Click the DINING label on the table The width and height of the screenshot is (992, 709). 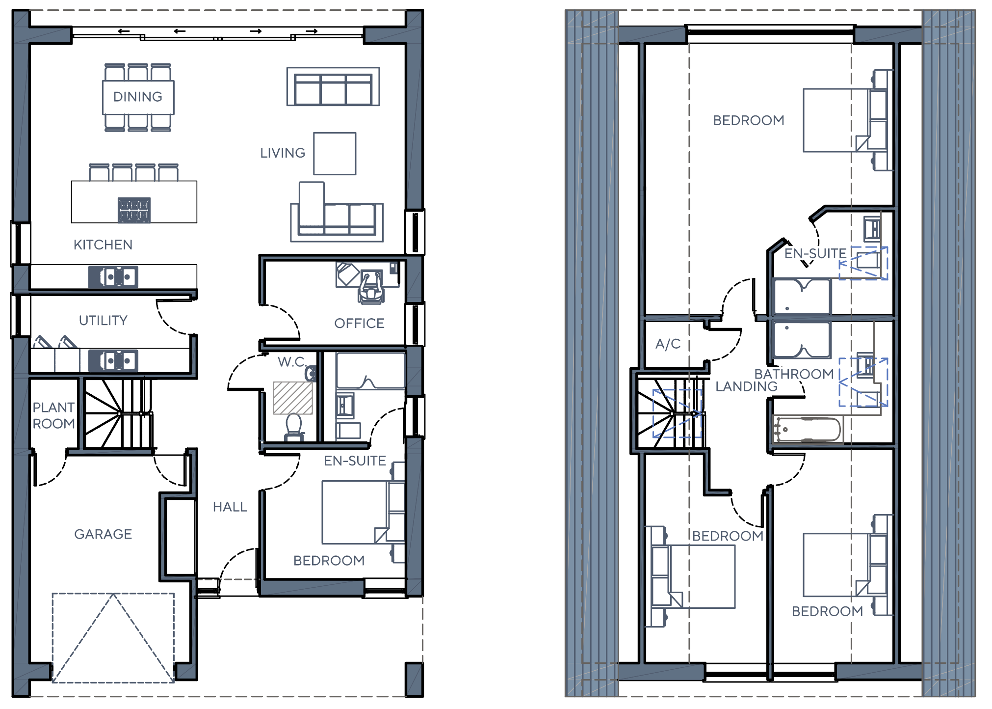pyautogui.click(x=138, y=97)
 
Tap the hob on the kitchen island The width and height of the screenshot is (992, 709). pyautogui.click(x=134, y=210)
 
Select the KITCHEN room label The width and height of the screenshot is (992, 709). pyautogui.click(x=103, y=245)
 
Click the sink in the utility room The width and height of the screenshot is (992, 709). pyautogui.click(x=113, y=361)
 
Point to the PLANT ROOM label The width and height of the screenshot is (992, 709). pyautogui.click(x=53, y=415)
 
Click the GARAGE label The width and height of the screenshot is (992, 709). pyautogui.click(x=103, y=534)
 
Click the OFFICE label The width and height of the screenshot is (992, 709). pyautogui.click(x=359, y=324)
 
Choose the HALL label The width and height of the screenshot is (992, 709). pyautogui.click(x=230, y=507)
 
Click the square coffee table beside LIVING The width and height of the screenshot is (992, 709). pyautogui.click(x=335, y=154)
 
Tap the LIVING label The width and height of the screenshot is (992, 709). pyautogui.click(x=283, y=153)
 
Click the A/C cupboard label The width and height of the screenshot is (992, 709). pyautogui.click(x=668, y=344)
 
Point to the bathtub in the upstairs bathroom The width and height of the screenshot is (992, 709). pyautogui.click(x=807, y=430)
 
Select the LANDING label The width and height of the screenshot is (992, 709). pyautogui.click(x=746, y=387)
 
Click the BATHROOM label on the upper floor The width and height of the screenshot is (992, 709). pyautogui.click(x=794, y=374)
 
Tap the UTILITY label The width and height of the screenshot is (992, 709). pyautogui.click(x=103, y=321)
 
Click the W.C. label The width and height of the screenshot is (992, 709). pyautogui.click(x=291, y=362)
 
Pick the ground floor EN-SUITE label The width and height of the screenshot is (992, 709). pyautogui.click(x=355, y=461)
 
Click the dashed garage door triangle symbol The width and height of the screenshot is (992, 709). pyautogui.click(x=113, y=638)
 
